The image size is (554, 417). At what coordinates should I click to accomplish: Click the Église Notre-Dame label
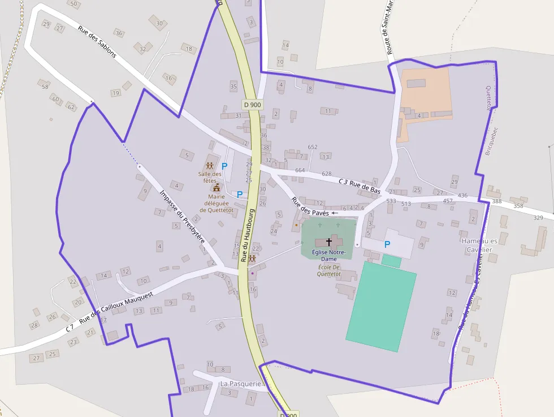(x=328, y=255)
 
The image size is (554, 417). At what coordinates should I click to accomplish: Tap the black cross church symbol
(x=329, y=242)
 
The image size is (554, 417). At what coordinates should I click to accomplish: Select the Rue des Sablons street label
(x=97, y=43)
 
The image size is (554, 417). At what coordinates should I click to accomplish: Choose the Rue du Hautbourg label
(x=248, y=235)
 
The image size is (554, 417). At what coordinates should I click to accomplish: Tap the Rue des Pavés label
(x=310, y=207)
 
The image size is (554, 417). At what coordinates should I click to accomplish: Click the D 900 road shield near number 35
(x=252, y=104)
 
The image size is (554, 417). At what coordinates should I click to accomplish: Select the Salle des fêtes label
(x=210, y=177)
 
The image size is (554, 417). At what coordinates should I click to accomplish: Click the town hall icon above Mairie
(x=217, y=187)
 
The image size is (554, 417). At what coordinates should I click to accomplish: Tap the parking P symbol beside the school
(x=387, y=244)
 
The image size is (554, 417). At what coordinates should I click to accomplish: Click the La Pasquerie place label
(x=241, y=384)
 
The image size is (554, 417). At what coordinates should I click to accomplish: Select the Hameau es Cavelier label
(x=477, y=245)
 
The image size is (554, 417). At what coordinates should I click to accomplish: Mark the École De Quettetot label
(x=328, y=270)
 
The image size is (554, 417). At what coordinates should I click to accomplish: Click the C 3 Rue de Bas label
(x=359, y=186)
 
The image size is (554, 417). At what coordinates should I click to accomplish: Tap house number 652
(x=313, y=147)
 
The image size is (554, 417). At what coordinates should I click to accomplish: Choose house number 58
(x=45, y=86)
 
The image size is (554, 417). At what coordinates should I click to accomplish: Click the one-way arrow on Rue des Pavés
(x=335, y=213)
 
